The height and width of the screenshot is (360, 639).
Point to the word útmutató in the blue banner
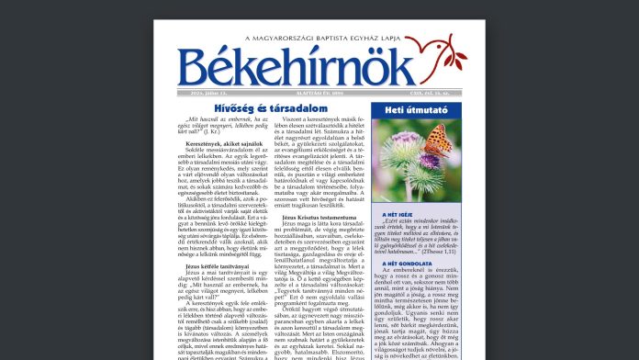pyautogui.click(x=422, y=111)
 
